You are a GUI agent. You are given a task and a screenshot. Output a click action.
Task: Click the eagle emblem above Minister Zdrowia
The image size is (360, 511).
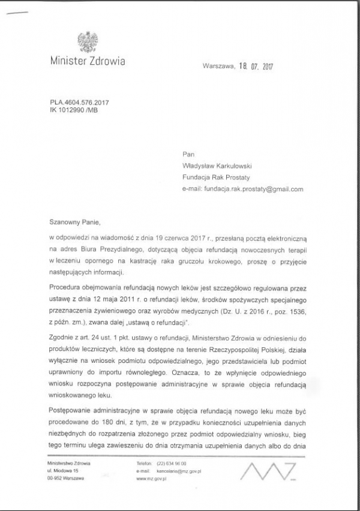[88, 43]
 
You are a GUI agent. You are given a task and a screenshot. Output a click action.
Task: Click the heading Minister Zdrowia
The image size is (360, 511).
[88, 61]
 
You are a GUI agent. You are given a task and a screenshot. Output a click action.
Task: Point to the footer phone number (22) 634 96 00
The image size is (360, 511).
[171, 464]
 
